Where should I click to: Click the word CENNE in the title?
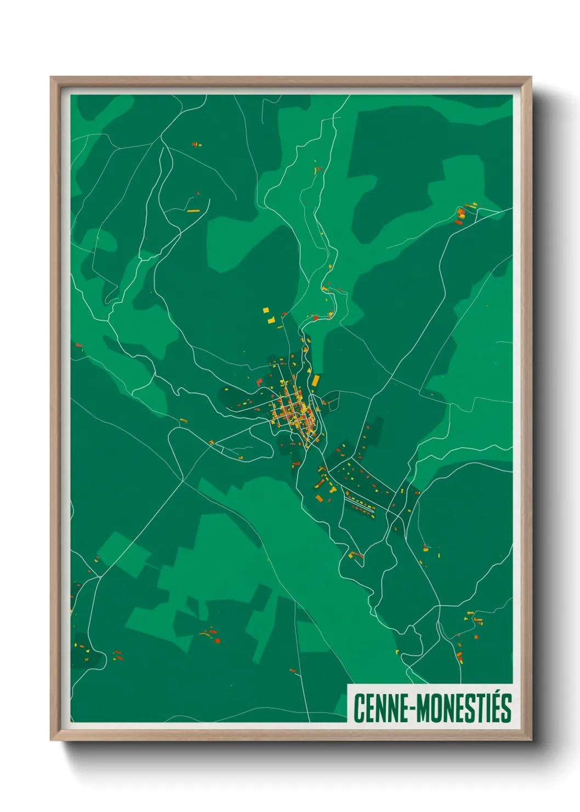383,708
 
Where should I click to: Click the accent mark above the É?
494,693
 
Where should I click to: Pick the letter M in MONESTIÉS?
423,708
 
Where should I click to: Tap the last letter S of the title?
506,708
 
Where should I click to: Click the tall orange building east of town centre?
315,380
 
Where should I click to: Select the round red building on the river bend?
316,318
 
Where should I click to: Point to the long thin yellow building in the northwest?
193,211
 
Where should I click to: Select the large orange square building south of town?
319,498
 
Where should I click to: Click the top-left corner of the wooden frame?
52,78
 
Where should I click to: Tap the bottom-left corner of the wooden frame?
52,739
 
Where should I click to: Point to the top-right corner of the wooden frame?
530,78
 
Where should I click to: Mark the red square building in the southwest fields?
217,640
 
